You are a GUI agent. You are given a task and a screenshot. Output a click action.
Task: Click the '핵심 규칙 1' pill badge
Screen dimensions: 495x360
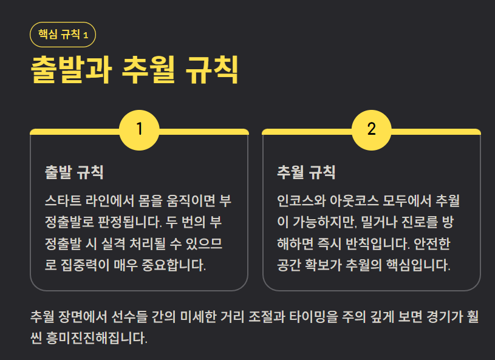(x=63, y=35)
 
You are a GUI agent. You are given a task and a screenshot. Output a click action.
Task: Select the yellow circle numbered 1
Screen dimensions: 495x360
(x=139, y=129)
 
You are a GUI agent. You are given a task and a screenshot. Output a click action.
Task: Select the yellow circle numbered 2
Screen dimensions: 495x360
(x=371, y=129)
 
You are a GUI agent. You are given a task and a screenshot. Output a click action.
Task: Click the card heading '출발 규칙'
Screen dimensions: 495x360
(x=74, y=172)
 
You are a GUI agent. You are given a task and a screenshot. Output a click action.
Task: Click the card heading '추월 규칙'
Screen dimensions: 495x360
(x=306, y=172)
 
